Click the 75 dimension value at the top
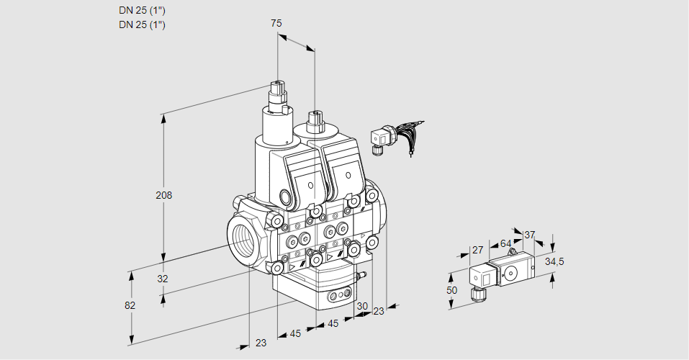click(x=276, y=24)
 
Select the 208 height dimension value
click(x=165, y=195)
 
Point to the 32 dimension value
click(x=163, y=279)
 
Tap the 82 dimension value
click(x=130, y=305)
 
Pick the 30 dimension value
click(x=362, y=305)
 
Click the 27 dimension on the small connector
click(x=477, y=251)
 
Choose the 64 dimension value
click(x=505, y=243)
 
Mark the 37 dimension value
click(x=529, y=235)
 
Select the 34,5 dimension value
click(x=554, y=261)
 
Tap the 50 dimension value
click(x=452, y=290)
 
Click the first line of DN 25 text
click(x=142, y=11)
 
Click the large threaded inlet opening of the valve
click(x=243, y=239)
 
